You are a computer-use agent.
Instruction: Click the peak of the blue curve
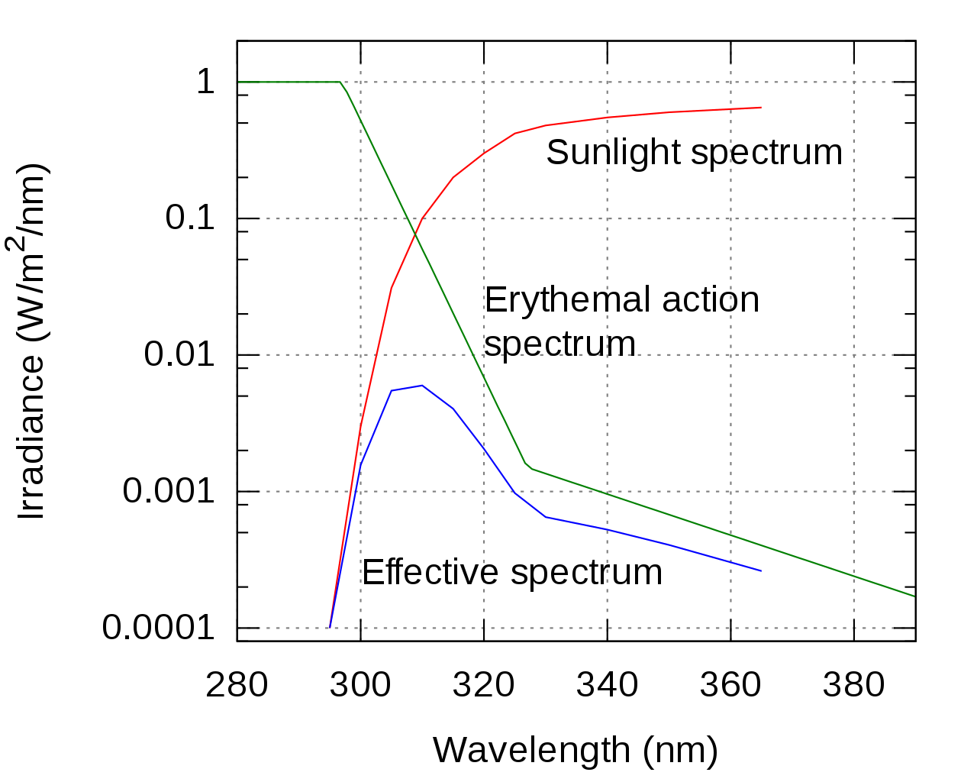pos(422,386)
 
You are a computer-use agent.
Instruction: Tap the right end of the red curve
pos(761,108)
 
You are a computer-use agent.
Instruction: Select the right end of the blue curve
pos(761,570)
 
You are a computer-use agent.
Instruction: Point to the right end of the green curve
pos(914,596)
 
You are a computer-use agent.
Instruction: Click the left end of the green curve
pos(238,82)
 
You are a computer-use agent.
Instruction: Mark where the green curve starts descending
pos(340,82)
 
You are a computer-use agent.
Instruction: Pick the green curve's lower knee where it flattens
pos(528,467)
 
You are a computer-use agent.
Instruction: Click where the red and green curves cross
pos(416,231)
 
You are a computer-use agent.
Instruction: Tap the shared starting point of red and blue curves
pos(330,628)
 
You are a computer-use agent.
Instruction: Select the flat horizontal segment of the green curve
pos(289,82)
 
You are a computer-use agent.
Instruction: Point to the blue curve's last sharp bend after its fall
pos(546,517)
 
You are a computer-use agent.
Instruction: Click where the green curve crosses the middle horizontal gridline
pos(473,354)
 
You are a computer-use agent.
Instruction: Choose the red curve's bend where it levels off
pos(515,133)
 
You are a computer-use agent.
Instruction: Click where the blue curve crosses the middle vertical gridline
pos(607,528)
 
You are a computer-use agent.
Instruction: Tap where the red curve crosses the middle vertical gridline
pos(607,118)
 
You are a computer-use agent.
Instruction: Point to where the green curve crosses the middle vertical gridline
pos(607,493)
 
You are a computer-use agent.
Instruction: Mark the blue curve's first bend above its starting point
pos(360,464)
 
